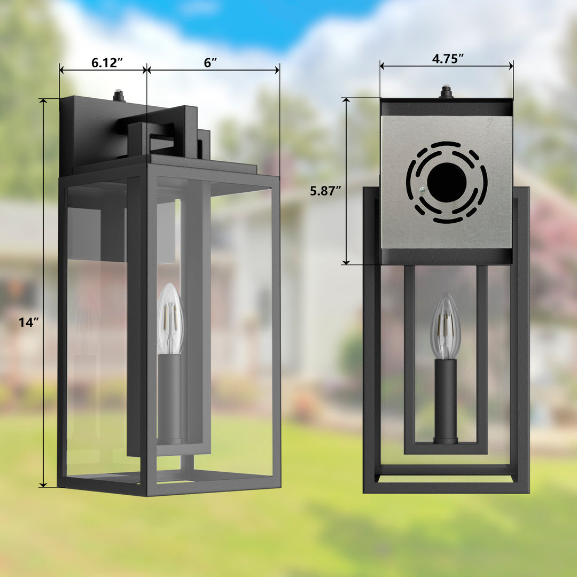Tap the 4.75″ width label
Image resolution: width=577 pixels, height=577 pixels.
(448, 59)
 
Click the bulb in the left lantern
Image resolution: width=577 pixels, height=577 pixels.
(170, 319)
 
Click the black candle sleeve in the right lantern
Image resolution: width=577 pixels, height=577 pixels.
(446, 401)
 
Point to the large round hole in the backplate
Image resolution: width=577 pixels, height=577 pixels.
(447, 183)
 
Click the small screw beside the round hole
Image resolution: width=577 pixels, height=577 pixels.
(422, 190)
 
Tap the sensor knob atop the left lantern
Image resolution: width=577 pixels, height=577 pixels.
(119, 96)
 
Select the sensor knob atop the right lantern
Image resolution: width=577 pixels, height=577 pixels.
(446, 92)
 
